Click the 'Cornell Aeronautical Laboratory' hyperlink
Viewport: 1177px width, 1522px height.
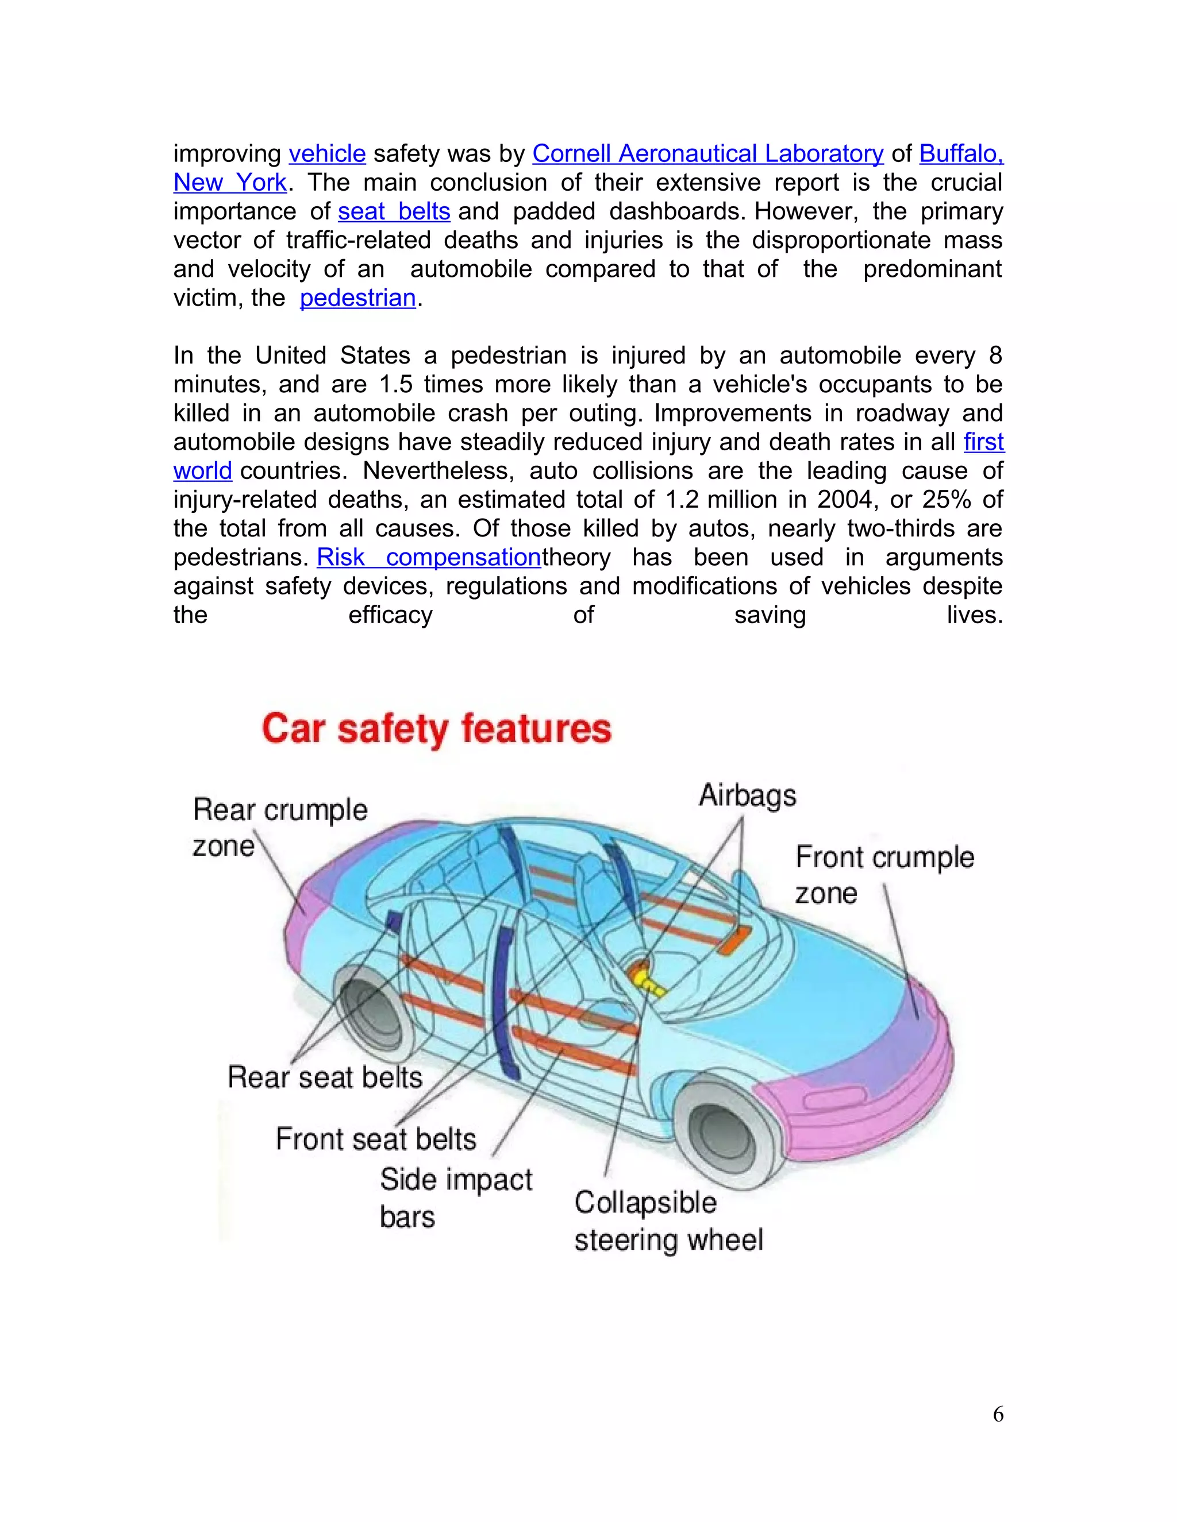(707, 154)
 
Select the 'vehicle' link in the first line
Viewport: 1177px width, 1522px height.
(327, 154)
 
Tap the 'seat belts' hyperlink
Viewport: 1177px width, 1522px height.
(394, 212)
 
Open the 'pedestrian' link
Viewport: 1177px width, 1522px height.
(357, 298)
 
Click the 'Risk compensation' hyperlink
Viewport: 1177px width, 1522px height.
(429, 558)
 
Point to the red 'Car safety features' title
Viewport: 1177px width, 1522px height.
(437, 729)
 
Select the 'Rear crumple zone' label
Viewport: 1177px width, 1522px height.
(280, 828)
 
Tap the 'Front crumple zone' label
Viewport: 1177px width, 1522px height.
(884, 875)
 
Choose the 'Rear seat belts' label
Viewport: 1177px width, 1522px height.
(325, 1077)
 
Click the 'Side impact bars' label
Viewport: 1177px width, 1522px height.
(455, 1199)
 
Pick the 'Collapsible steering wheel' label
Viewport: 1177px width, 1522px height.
(668, 1222)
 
